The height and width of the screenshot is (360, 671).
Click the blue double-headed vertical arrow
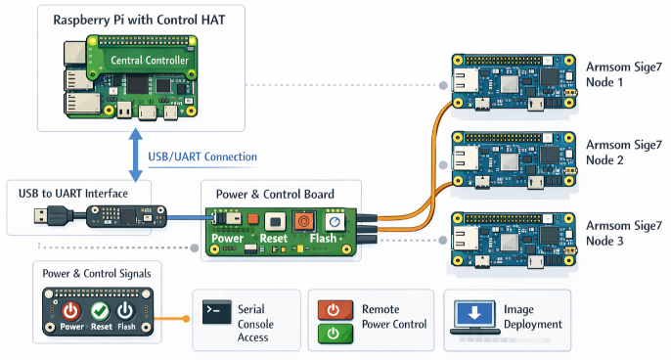(133, 154)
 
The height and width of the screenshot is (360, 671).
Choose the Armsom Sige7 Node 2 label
(620, 153)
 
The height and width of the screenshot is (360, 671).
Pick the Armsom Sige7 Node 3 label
(620, 233)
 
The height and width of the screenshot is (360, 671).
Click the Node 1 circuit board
(510, 81)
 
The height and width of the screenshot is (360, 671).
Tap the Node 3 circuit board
(510, 241)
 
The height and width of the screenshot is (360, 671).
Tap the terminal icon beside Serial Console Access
(215, 312)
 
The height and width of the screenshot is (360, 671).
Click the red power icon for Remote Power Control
(333, 309)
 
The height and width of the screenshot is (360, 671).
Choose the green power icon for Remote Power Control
(333, 334)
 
